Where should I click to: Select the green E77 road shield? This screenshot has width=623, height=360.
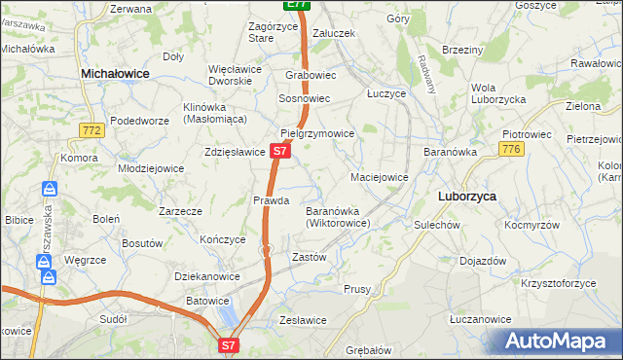click(x=298, y=5)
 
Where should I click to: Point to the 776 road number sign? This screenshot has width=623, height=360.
click(x=511, y=148)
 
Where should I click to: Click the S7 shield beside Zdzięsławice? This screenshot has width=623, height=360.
click(x=279, y=151)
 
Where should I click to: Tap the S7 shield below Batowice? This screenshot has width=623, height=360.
click(x=228, y=344)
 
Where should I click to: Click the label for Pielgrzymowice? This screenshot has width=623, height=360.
click(x=317, y=133)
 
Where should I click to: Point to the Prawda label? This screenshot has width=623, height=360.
click(x=272, y=200)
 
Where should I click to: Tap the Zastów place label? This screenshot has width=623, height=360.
click(x=309, y=258)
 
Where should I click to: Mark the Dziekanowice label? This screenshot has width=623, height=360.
click(x=207, y=276)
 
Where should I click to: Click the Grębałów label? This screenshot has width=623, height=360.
click(x=367, y=349)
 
